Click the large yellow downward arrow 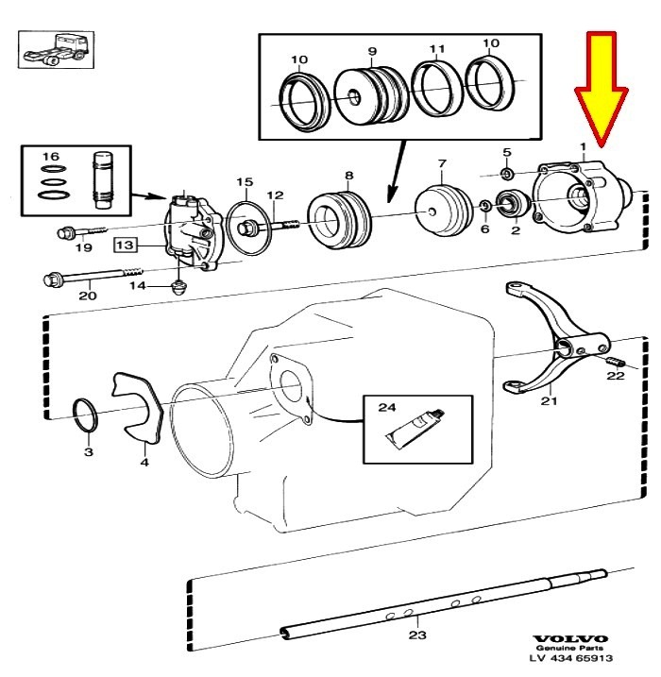601,86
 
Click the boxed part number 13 126,245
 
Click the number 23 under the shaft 417,635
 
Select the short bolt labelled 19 81,231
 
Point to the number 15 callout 245,182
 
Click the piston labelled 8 340,220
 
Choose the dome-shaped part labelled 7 443,210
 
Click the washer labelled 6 484,206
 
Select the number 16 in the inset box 50,156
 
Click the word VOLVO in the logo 570,638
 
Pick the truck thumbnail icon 56,50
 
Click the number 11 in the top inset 437,48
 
